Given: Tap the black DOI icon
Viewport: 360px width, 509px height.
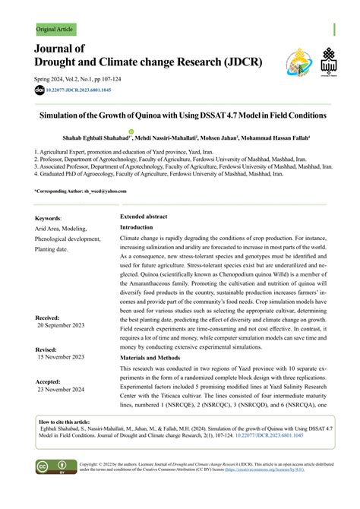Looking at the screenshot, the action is point(39,90).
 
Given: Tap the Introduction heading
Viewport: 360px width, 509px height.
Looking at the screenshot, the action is point(141,227).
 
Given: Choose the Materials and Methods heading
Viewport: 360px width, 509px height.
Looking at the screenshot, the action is point(157,358).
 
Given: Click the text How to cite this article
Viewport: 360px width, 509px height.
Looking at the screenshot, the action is point(64,421).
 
